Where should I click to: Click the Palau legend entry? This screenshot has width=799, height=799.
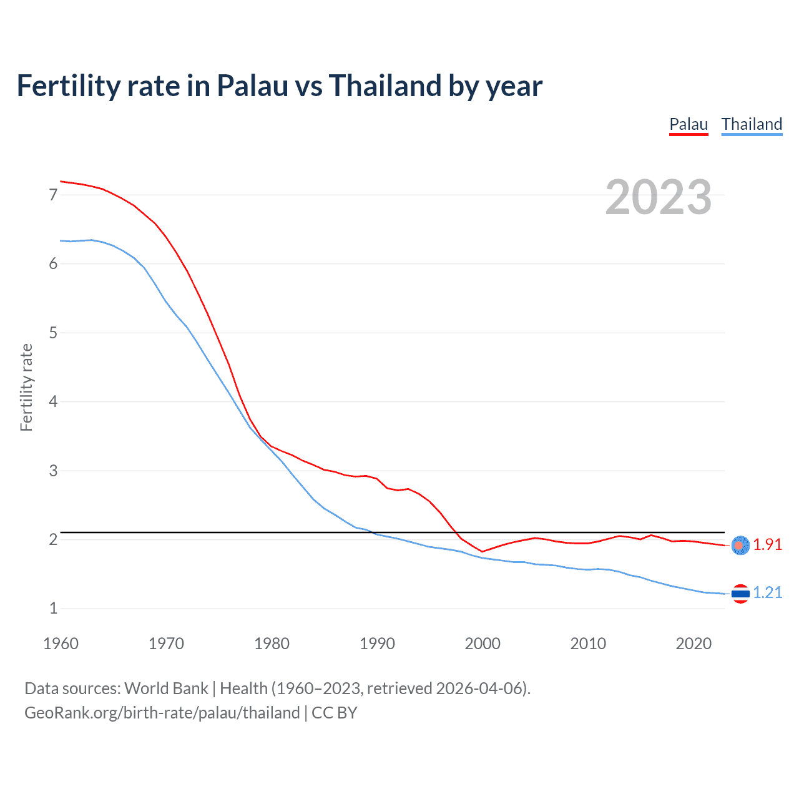tap(689, 124)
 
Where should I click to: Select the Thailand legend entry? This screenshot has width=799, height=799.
tap(752, 124)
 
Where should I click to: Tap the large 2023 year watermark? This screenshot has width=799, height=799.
tap(658, 197)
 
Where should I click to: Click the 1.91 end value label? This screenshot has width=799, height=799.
tap(767, 545)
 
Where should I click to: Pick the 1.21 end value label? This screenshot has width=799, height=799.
tap(767, 593)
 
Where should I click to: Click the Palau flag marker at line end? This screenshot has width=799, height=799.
tap(740, 546)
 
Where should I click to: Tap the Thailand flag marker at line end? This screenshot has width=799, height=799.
tap(740, 594)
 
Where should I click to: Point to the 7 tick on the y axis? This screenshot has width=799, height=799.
tap(53, 195)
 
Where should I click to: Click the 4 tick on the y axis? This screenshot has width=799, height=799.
tap(53, 402)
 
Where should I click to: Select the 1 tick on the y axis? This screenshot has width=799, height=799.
tap(53, 609)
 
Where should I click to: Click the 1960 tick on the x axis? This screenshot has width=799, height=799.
tap(61, 644)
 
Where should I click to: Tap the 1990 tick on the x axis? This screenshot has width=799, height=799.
tap(377, 644)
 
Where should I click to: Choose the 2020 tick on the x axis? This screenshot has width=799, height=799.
tap(694, 644)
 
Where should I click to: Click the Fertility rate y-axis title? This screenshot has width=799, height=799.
tap(26, 387)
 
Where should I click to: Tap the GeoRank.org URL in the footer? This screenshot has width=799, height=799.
tap(162, 713)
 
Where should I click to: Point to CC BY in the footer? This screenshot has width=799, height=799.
tap(334, 713)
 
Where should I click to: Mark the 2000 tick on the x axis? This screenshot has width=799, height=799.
tap(483, 644)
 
